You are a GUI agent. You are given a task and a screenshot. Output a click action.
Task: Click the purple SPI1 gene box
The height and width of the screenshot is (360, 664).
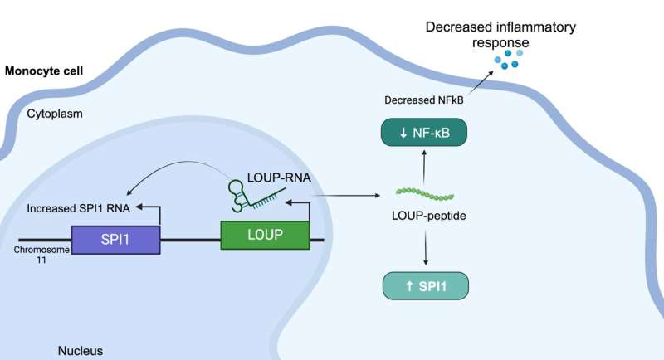[x=115, y=240]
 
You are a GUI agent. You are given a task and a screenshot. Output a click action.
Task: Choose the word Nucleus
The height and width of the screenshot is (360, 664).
[x=81, y=351]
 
